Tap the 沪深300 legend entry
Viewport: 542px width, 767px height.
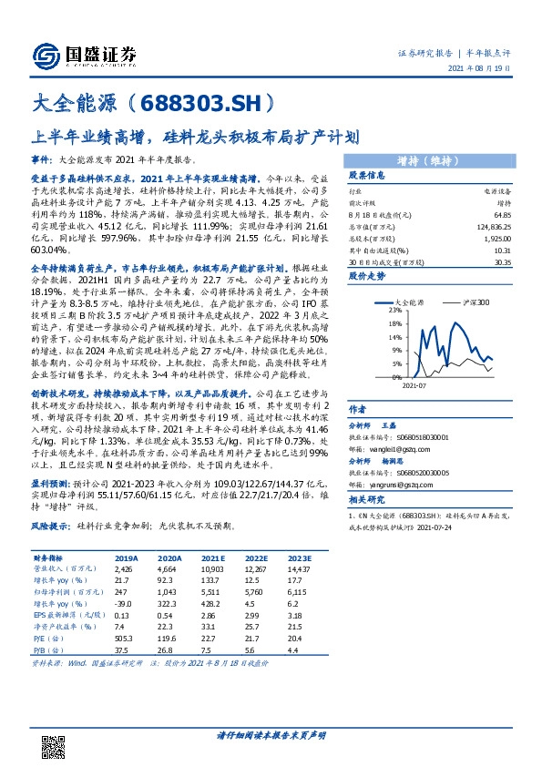click(x=478, y=300)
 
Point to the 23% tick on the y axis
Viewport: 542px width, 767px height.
click(x=370, y=310)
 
